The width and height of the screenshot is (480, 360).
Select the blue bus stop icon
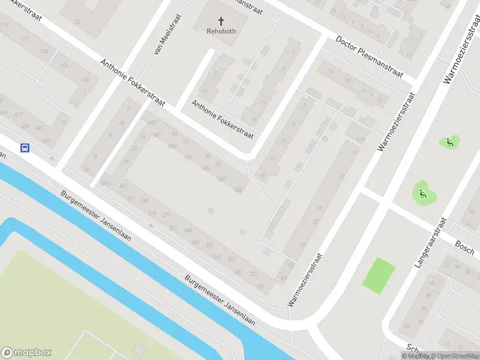pos(25,148)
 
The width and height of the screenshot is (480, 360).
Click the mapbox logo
pos(26,353)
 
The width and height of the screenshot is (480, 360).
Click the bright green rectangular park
pos(379,275)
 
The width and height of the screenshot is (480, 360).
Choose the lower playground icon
pos(422,193)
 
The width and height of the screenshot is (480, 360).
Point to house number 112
pos(25,38)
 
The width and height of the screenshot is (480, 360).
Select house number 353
pos(209,245)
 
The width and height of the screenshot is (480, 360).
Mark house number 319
pos(260,286)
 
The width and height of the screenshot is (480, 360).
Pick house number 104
pos(64,65)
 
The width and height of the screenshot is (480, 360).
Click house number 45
pos(302,244)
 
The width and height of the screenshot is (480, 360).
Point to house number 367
pos(173,227)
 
